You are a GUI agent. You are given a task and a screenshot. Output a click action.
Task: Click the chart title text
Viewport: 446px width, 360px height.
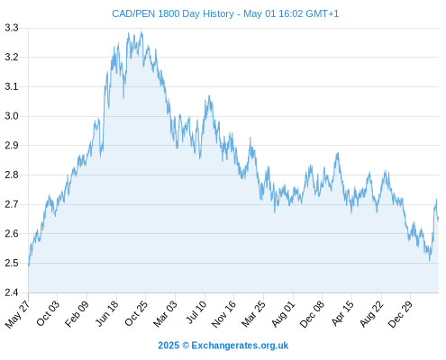coord(225,13)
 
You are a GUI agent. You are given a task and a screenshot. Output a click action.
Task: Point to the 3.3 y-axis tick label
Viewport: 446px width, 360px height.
coord(12,28)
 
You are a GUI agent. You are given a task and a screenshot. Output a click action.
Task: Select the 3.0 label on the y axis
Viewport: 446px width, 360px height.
coord(12,116)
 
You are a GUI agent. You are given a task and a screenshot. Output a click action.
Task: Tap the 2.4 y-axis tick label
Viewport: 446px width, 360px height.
coord(12,292)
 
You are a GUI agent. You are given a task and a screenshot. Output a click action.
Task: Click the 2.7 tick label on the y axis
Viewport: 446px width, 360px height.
coord(12,204)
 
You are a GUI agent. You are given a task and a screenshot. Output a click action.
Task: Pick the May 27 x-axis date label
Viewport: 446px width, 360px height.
coord(18,313)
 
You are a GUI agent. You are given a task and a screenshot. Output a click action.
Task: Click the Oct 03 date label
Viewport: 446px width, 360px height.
coord(48,313)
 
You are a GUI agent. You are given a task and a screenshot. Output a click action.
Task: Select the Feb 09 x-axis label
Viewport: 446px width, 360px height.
coord(77,313)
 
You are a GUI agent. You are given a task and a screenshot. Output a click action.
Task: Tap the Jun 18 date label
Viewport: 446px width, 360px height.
coord(107,313)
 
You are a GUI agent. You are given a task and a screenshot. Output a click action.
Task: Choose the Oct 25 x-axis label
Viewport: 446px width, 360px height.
coord(136,313)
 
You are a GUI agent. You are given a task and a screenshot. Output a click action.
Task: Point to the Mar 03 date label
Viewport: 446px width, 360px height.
coord(166,313)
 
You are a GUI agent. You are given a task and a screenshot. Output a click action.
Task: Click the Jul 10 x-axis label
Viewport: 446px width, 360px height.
coord(196,311)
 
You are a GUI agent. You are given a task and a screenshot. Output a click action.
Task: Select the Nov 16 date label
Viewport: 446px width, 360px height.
coord(223,313)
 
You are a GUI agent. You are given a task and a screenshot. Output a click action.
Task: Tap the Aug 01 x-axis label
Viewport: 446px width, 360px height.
coord(284,313)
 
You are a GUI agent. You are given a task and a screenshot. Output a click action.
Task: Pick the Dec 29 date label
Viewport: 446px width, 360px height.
coord(400,313)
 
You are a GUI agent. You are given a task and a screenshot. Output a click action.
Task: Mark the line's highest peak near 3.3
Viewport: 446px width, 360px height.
coord(141,31)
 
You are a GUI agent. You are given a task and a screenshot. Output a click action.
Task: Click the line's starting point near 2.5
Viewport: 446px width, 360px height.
coord(29,265)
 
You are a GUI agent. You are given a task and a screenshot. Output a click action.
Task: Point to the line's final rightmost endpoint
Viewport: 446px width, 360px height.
coord(438,219)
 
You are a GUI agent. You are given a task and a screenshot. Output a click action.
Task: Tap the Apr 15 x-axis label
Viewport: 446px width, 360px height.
coord(342,313)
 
